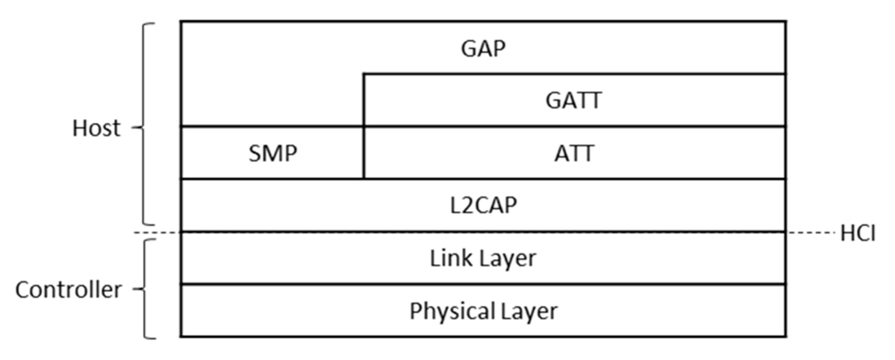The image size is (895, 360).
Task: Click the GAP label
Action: [x=483, y=49]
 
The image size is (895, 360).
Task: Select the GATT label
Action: [x=573, y=101]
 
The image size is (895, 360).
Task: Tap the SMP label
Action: [x=273, y=154]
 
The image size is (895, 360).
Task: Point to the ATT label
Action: [x=574, y=154]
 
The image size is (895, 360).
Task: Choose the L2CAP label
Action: [x=483, y=205]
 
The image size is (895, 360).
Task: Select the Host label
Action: [x=96, y=128]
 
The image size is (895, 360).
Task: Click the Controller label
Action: [x=68, y=290]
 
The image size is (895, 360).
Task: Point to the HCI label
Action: [x=857, y=233]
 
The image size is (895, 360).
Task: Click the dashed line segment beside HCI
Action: [x=812, y=233]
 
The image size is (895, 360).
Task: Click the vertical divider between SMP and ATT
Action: [x=364, y=153]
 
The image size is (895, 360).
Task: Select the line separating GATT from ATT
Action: [x=573, y=126]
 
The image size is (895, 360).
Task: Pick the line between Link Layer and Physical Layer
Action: [x=483, y=285]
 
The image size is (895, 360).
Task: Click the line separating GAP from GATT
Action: [x=573, y=74]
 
